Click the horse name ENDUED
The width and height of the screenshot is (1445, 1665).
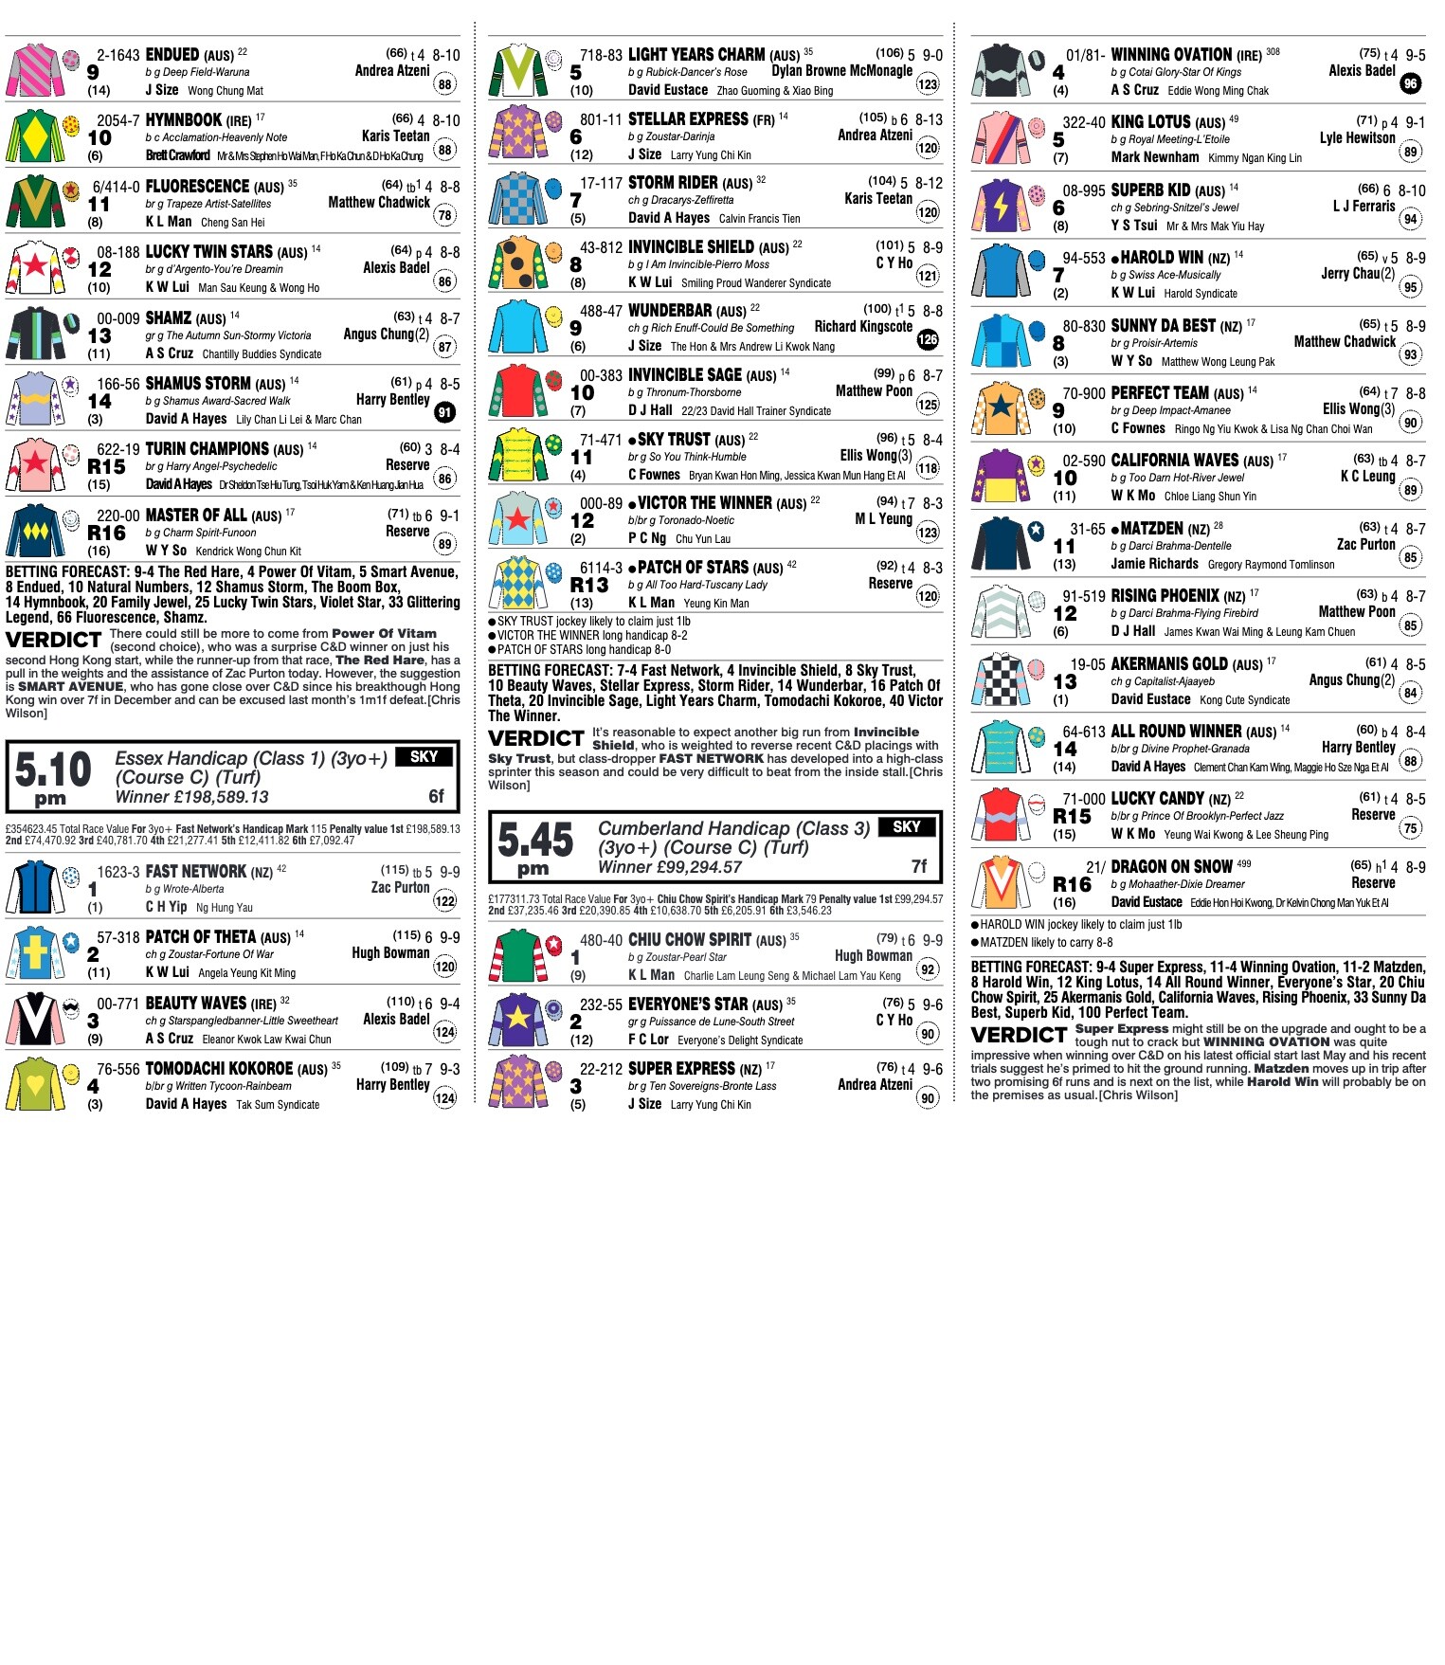point(172,55)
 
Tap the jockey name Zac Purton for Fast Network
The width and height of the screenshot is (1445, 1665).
point(400,887)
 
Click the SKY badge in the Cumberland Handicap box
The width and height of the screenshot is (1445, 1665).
point(906,826)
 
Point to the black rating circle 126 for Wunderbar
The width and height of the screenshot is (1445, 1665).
point(928,339)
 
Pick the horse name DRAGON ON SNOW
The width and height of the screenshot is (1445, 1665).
point(1171,866)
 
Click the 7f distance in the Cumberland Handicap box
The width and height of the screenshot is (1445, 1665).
point(919,866)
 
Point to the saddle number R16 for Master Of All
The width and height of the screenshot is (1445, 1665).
point(106,534)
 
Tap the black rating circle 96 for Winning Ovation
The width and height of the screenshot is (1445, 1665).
point(1410,83)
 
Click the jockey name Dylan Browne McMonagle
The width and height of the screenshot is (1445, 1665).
point(841,70)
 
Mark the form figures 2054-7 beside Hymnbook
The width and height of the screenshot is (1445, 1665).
point(117,120)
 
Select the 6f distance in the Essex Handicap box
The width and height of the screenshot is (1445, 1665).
point(436,796)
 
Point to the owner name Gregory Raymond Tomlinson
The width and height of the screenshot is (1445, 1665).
point(1271,565)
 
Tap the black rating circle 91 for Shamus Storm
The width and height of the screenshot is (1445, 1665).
point(444,412)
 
